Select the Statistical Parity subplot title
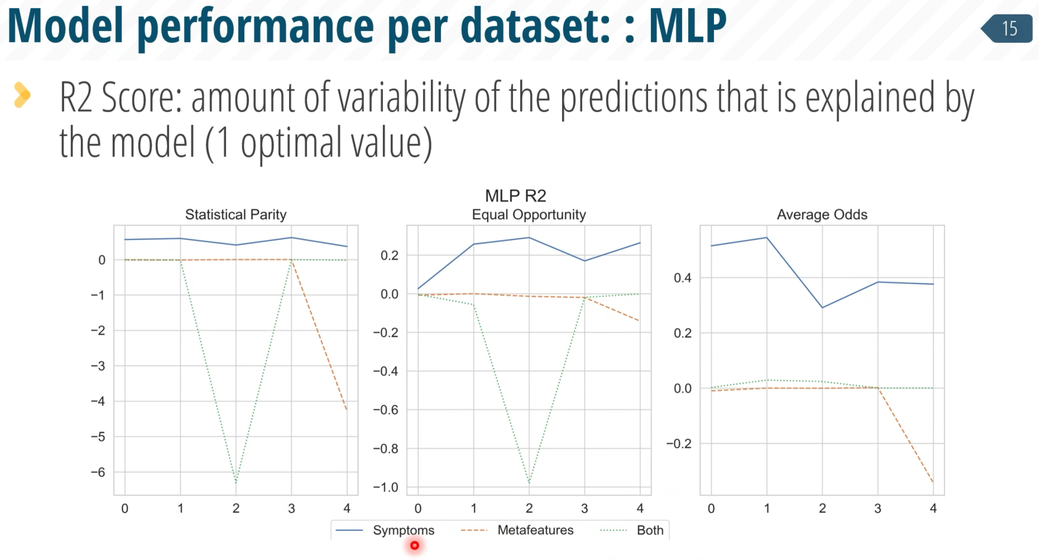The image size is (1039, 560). [236, 214]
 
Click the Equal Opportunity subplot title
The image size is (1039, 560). [529, 214]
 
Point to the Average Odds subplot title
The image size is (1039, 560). [822, 214]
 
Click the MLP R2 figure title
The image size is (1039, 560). [515, 196]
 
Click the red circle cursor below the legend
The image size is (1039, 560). [415, 546]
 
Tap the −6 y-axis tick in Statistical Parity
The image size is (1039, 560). [98, 472]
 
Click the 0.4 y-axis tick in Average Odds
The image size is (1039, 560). [682, 278]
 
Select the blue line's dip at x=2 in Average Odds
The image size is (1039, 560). [822, 308]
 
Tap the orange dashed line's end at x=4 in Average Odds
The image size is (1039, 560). [933, 482]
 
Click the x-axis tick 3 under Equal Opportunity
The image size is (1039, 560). [584, 508]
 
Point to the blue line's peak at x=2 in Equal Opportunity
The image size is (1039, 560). [529, 237]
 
